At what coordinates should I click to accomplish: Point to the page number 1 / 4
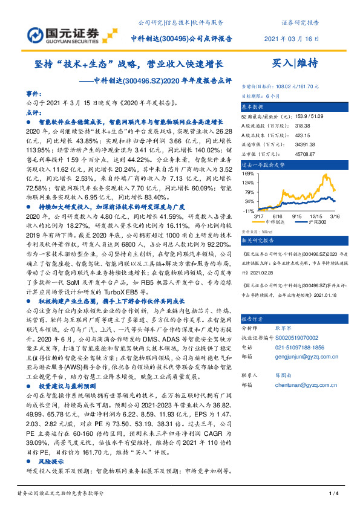[332, 494]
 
